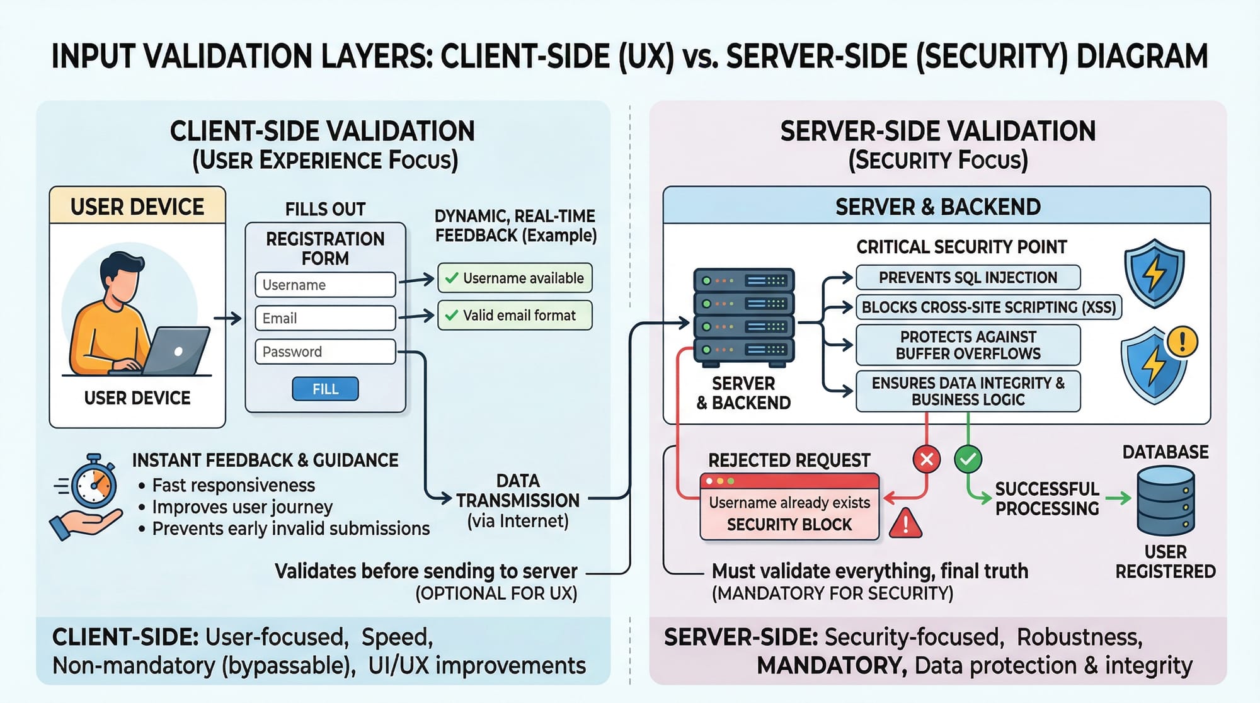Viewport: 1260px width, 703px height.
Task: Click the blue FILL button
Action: (325, 389)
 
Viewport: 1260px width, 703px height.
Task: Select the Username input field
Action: (325, 285)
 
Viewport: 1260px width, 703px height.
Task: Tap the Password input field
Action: (325, 351)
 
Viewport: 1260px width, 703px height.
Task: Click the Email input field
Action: (325, 318)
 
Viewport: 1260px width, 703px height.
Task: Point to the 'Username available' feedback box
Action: (515, 278)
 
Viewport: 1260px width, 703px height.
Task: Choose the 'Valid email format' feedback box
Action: (515, 315)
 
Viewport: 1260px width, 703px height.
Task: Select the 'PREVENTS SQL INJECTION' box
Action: (968, 277)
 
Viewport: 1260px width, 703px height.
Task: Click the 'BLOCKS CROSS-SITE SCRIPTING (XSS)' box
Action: (988, 307)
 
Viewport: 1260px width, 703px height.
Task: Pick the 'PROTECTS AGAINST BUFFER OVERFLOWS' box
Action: (968, 345)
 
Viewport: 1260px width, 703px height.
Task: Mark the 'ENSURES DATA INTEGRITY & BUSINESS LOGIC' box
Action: (968, 391)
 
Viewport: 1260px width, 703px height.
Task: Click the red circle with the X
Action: (927, 459)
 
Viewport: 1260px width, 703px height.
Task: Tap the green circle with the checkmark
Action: (968, 459)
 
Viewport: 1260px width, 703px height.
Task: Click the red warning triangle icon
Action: (905, 524)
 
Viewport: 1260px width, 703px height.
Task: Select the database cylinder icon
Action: (1165, 501)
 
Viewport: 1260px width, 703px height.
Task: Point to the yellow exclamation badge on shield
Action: (1182, 342)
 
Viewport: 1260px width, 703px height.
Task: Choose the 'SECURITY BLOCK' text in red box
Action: (789, 524)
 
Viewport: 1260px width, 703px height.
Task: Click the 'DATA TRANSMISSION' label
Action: (518, 491)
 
